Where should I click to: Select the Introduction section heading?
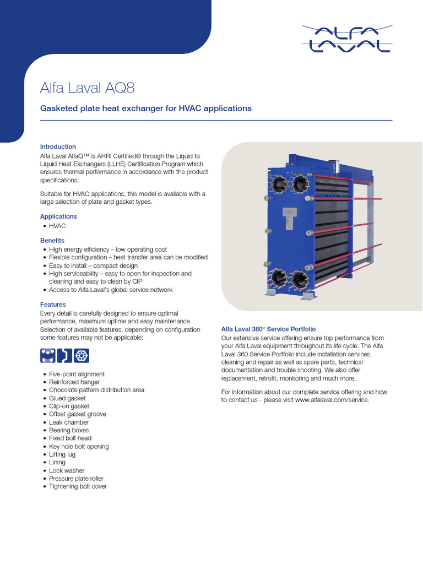pos(58,147)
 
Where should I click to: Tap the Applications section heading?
pos(58,216)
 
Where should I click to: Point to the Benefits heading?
pos(52,241)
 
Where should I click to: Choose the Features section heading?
pos(53,305)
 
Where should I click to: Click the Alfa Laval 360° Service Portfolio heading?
pos(268,329)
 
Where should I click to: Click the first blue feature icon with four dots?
pos(48,356)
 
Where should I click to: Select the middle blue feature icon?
pos(66,356)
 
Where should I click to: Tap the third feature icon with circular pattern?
pos(82,356)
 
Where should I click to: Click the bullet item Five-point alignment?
pos(77,374)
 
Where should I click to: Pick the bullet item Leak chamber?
pos(68,422)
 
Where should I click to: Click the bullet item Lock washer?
pos(67,471)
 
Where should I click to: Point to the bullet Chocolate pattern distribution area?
pos(96,390)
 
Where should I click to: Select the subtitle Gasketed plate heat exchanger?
pos(146,109)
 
